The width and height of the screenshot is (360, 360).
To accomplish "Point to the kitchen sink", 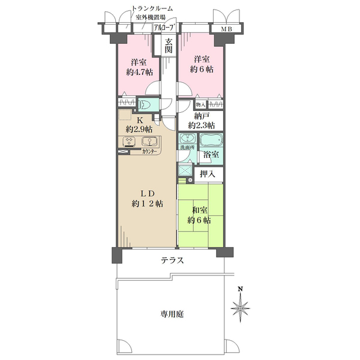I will point(149,142).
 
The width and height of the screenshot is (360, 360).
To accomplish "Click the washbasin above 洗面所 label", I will point(186,139).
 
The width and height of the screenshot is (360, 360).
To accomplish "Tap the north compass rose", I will point(240,308).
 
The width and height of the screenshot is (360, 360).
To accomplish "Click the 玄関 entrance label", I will point(169,46).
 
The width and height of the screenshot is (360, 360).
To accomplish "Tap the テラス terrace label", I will point(172,260).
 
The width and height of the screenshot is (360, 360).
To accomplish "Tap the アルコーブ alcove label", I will point(164,28).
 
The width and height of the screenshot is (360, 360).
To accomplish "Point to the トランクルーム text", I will point(152,8).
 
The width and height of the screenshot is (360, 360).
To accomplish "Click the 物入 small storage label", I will point(200,104).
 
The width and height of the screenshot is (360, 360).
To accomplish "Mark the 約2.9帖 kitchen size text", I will point(139,129).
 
